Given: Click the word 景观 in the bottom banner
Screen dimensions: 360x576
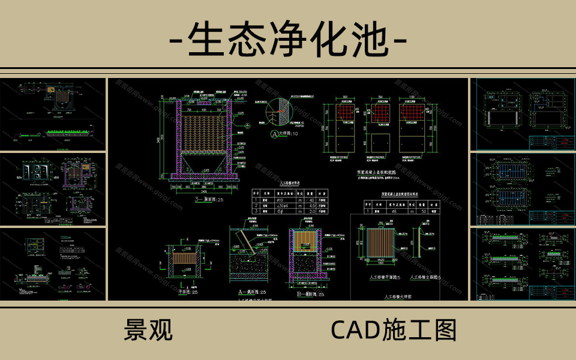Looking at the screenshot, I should tap(148, 330).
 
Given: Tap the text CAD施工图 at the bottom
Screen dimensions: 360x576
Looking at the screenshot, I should tap(394, 330).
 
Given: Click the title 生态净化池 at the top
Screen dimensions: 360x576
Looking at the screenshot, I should tap(289, 41).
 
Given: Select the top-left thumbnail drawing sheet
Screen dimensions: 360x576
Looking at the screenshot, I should tap(53, 115).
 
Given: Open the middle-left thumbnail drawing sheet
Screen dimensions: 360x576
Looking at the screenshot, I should tap(53, 189).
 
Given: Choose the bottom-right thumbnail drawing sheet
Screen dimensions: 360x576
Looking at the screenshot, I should tap(521, 264).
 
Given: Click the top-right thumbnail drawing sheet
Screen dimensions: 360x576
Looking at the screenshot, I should tap(521, 115).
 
